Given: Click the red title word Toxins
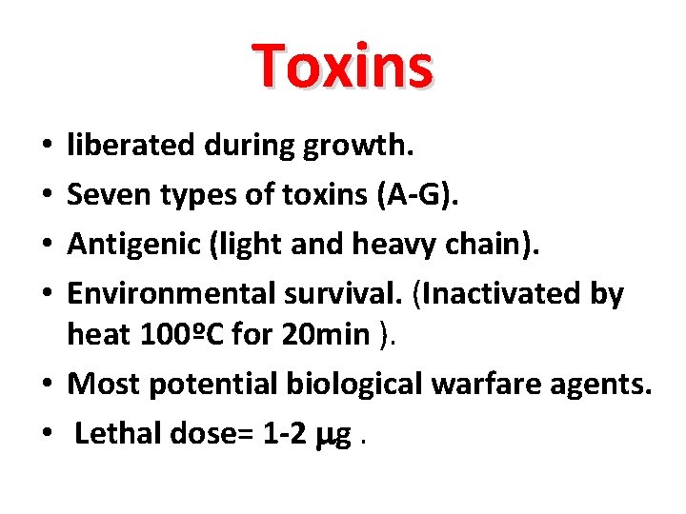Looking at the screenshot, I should [x=343, y=66].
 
